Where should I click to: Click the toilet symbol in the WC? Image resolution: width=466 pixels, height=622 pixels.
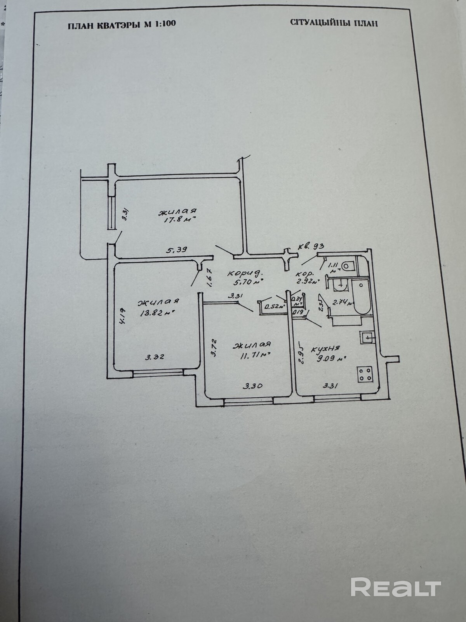pyautogui.click(x=348, y=265)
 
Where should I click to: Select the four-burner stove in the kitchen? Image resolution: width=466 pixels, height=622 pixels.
pyautogui.click(x=365, y=374)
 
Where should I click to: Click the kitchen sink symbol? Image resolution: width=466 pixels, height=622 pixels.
pyautogui.click(x=367, y=338)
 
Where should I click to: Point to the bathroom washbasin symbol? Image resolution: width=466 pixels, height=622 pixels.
pyautogui.click(x=340, y=285)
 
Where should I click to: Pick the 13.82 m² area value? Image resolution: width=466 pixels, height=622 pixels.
pyautogui.click(x=156, y=312)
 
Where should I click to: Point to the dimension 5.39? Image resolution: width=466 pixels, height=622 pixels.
pyautogui.click(x=177, y=250)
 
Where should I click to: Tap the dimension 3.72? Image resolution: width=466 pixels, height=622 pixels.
pyautogui.click(x=214, y=348)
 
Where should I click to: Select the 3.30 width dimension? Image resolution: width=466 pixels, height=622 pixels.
pyautogui.click(x=253, y=386)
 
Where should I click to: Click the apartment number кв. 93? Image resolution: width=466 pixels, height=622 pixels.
pyautogui.click(x=311, y=246)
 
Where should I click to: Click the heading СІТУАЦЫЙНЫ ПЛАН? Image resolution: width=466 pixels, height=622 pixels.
pyautogui.click(x=334, y=23)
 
